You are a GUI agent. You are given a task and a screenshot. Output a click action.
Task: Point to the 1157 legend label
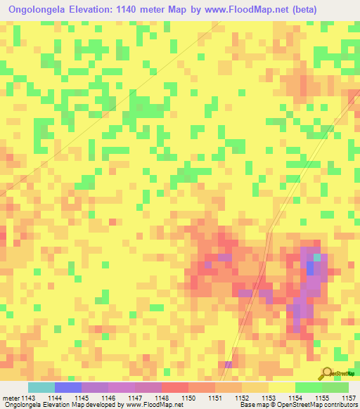349,398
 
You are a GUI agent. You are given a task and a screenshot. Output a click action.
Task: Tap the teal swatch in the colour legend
41,387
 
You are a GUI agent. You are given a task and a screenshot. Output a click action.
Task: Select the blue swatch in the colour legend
67,387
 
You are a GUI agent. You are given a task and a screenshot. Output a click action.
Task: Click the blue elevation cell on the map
310,268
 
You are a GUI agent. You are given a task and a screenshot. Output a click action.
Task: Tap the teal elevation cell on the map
317,257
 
